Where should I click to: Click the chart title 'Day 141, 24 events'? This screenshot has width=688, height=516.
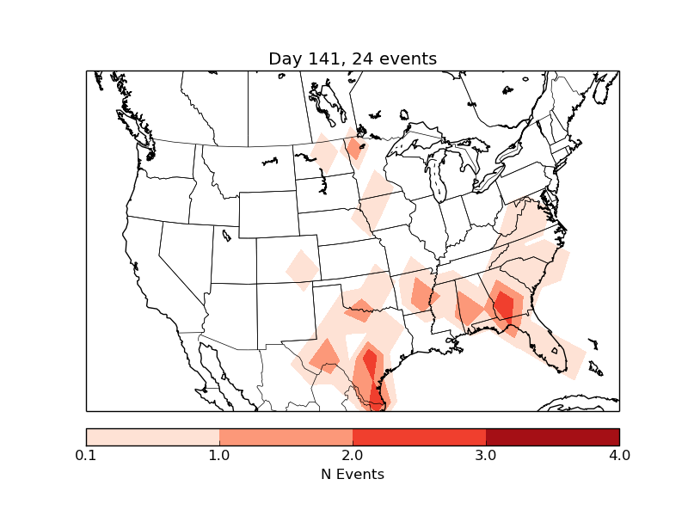(353, 59)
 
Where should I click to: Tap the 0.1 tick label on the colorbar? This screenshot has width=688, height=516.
(86, 455)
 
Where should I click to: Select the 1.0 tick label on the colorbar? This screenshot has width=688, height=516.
(219, 455)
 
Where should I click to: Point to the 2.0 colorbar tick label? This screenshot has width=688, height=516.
(353, 455)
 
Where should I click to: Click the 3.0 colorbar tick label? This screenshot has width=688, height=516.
(486, 455)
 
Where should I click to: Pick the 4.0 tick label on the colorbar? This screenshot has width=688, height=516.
(619, 455)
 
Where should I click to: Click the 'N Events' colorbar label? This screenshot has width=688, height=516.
(353, 474)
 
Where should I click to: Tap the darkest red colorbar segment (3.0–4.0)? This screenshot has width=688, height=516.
(552, 437)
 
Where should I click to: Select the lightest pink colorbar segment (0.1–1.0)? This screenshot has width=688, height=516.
(153, 437)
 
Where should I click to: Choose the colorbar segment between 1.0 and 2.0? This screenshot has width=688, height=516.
(286, 437)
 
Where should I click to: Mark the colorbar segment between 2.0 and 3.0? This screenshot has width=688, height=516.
(419, 437)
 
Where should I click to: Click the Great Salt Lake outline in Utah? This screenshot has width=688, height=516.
(226, 235)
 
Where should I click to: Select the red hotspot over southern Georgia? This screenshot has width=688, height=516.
(504, 306)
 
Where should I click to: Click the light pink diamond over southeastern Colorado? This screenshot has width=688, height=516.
(302, 269)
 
